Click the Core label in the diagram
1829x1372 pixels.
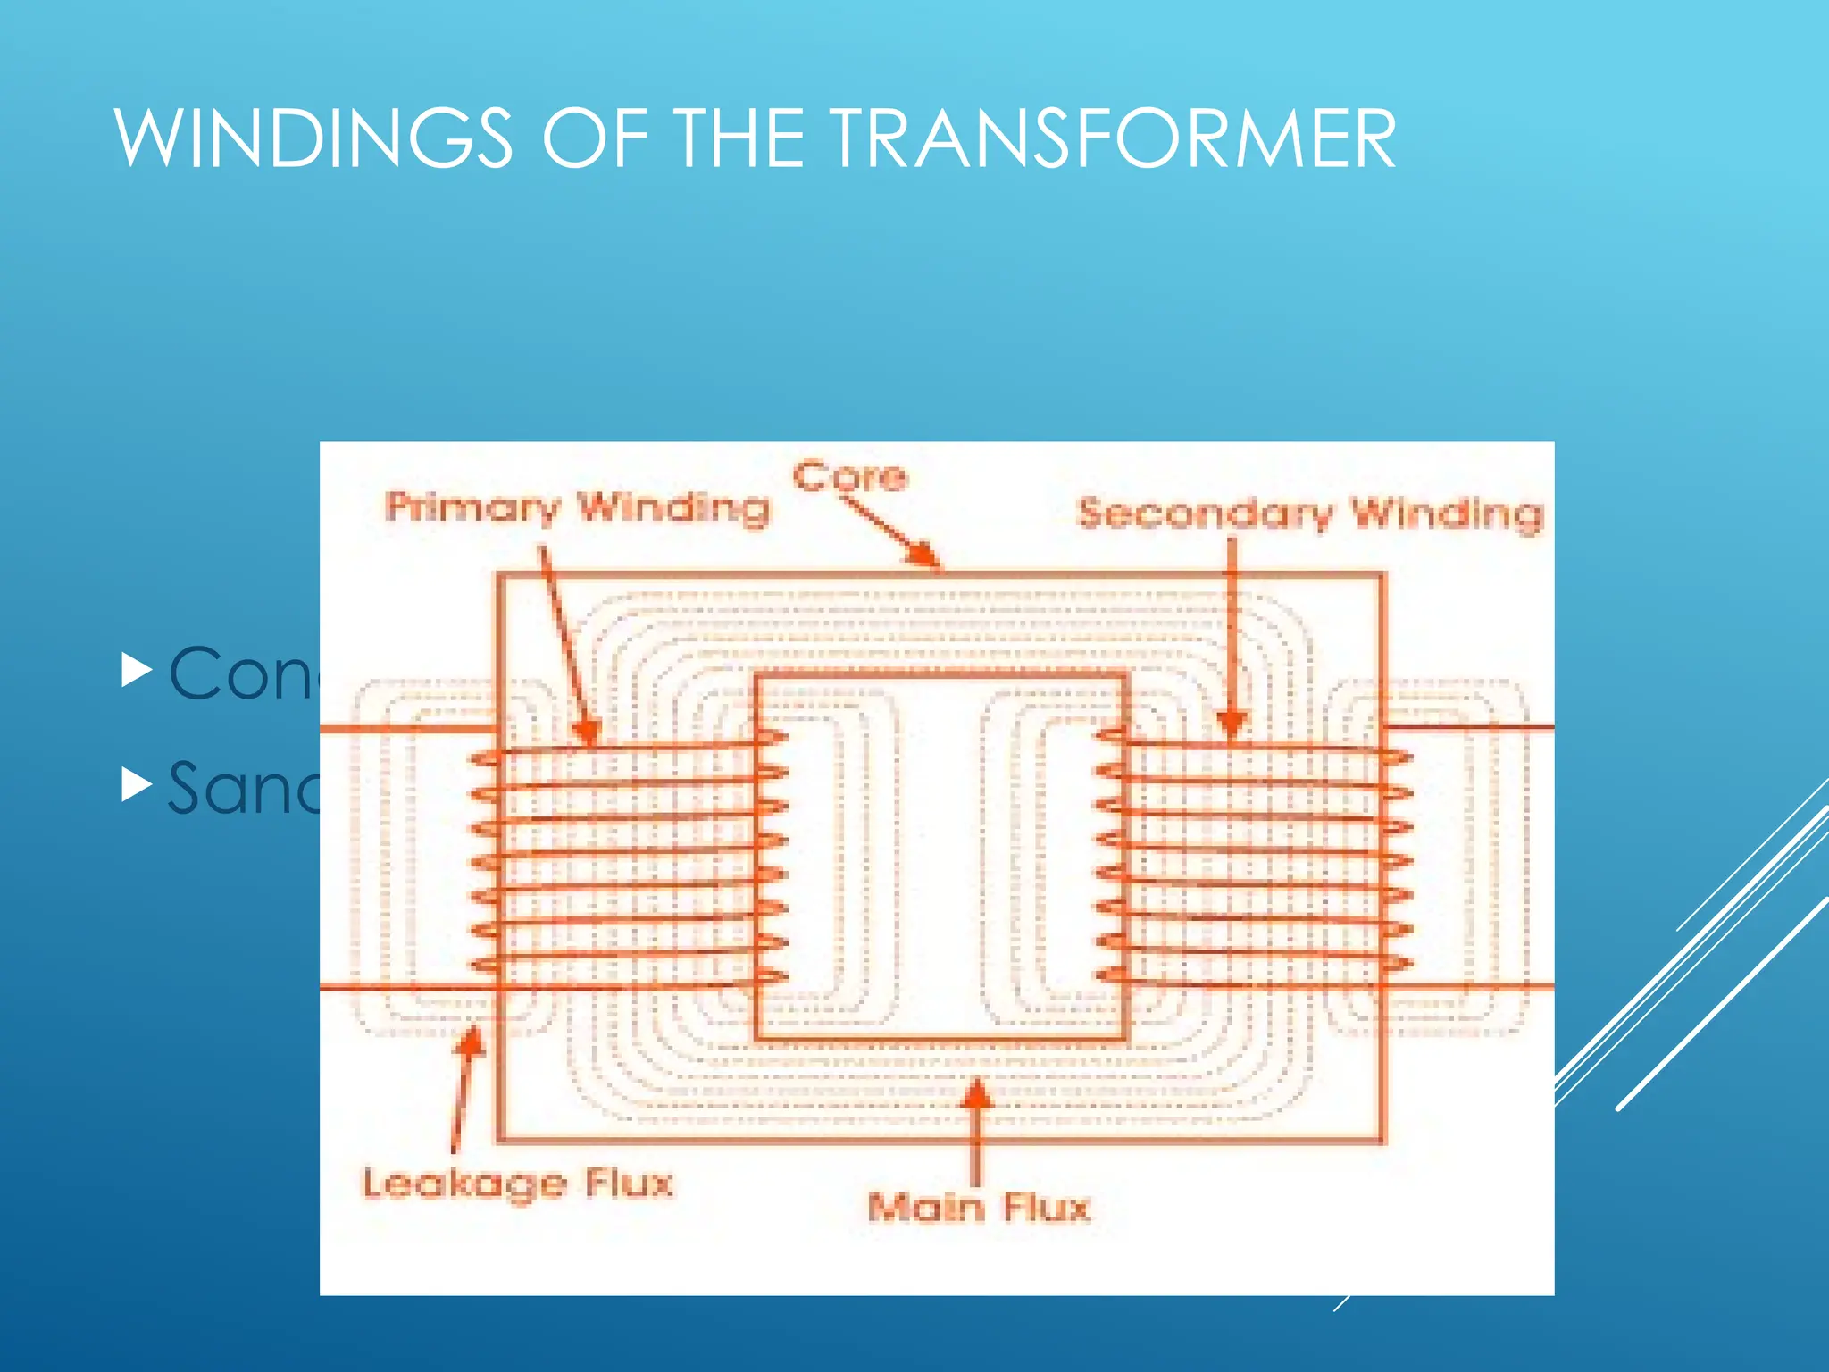click(849, 476)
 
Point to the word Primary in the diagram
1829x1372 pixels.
click(472, 508)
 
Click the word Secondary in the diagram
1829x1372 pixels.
click(1206, 514)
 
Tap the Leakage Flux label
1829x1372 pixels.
click(517, 1184)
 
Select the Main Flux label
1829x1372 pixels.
click(979, 1208)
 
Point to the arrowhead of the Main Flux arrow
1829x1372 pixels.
click(977, 1093)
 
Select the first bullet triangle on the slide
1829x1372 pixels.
click(136, 671)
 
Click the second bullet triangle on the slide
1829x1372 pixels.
click(136, 784)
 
